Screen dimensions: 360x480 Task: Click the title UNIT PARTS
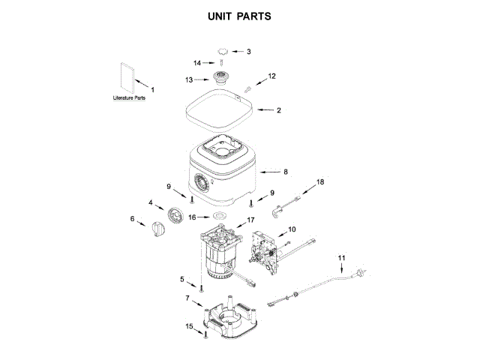pyautogui.click(x=239, y=16)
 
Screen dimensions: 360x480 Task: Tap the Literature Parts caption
pyautogui.click(x=129, y=98)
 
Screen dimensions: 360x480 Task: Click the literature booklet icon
pyautogui.click(x=127, y=76)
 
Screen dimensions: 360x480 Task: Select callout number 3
pyautogui.click(x=249, y=52)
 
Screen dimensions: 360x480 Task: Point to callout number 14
pyautogui.click(x=198, y=63)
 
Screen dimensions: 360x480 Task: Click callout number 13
pyautogui.click(x=190, y=79)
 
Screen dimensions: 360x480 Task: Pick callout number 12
pyautogui.click(x=271, y=76)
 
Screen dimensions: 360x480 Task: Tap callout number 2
pyautogui.click(x=278, y=110)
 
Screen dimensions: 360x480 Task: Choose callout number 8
pyautogui.click(x=285, y=172)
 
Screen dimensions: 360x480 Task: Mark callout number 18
pyautogui.click(x=320, y=182)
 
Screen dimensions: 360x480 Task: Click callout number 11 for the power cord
pyautogui.click(x=341, y=259)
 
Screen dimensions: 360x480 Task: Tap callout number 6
pyautogui.click(x=133, y=220)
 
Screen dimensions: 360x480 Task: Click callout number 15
pyautogui.click(x=189, y=326)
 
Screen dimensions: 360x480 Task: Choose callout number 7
pyautogui.click(x=187, y=298)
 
